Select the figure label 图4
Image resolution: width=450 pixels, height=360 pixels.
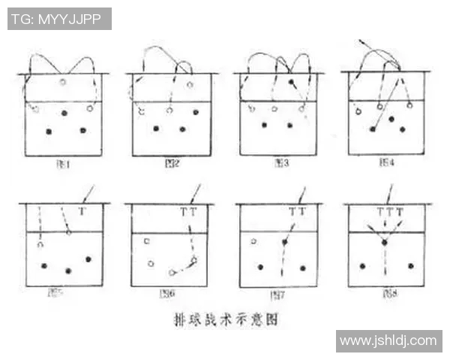385,161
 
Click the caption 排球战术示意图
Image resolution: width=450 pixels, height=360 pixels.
225,319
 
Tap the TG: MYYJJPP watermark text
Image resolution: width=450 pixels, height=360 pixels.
59,19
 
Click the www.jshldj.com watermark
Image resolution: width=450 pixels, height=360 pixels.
388,341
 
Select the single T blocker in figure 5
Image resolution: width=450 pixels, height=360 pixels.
82,212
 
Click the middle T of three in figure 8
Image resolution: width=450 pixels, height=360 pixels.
389,212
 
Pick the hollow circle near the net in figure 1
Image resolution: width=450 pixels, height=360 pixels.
63,81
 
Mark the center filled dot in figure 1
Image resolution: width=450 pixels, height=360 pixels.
64,112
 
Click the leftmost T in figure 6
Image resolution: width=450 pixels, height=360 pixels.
184,212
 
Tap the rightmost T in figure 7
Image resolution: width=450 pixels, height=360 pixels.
301,212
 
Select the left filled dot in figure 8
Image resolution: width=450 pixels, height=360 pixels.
363,265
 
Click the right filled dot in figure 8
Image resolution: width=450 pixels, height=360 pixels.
410,265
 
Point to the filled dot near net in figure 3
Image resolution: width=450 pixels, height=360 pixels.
290,81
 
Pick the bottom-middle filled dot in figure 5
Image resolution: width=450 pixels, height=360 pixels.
68,270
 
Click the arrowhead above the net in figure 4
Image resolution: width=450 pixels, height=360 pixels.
361,39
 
